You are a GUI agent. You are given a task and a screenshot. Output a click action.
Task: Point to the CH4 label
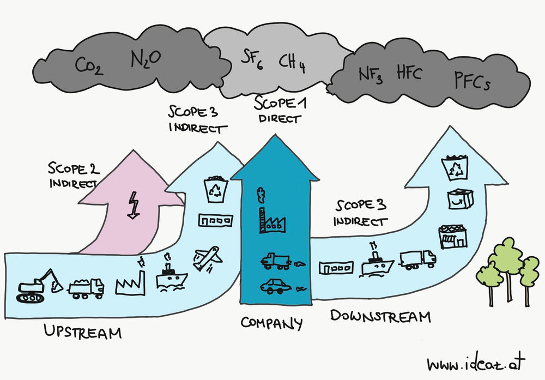point(292,62)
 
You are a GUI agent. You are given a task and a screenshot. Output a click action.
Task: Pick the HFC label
point(409,73)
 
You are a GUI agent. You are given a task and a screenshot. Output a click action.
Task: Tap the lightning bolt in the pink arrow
point(131,204)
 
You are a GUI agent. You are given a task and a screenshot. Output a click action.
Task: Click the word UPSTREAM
point(81,331)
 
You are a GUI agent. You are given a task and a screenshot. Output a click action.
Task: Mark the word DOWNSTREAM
point(380,316)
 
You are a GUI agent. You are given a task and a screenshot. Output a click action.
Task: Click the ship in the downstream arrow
point(376,263)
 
